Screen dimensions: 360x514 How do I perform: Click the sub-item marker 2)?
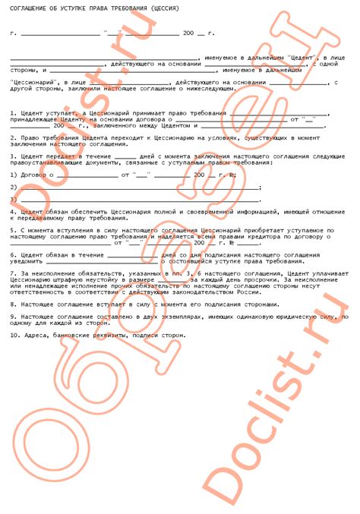[13, 186]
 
